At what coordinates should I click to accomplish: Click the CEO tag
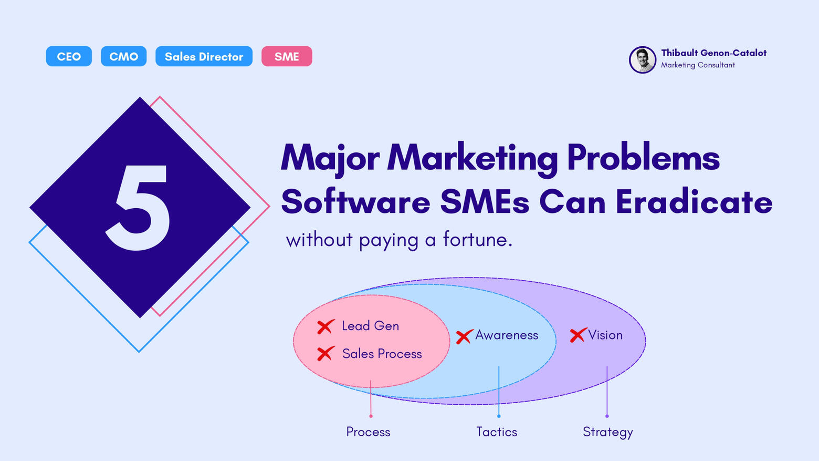[x=69, y=56]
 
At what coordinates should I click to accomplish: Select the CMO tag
[x=123, y=56]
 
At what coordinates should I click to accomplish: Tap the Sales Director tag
[x=204, y=56]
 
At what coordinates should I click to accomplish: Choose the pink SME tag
[x=287, y=56]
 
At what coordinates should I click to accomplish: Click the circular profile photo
[x=643, y=60]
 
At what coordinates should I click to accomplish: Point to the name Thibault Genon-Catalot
[x=713, y=53]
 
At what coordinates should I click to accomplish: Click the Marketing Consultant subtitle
[x=698, y=65]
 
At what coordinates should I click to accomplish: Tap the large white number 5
[x=138, y=208]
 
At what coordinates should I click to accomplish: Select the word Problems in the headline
[x=644, y=158]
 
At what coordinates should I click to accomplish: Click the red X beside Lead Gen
[x=325, y=326]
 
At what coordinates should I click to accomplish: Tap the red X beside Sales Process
[x=325, y=353]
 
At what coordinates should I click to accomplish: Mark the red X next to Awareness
[x=464, y=336]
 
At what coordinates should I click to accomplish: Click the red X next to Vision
[x=578, y=335]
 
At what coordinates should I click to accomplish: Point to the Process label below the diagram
[x=368, y=432]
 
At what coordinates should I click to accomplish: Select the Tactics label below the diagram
[x=497, y=432]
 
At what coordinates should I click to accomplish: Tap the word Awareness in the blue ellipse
[x=507, y=335]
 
